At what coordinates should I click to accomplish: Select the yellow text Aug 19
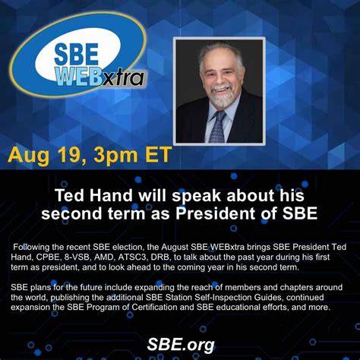44,156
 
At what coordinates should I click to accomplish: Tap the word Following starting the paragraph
35,246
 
